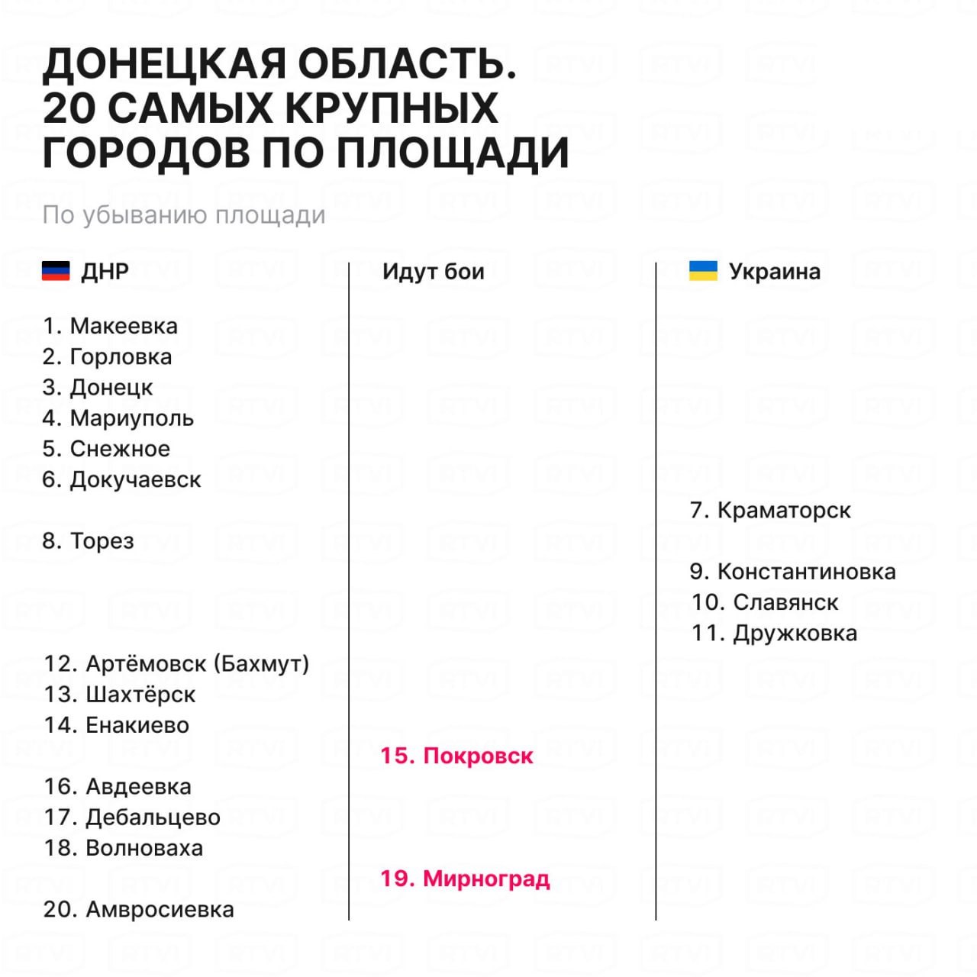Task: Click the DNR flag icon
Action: (x=56, y=271)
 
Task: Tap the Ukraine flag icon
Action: (x=703, y=271)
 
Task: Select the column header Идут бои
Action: (x=433, y=272)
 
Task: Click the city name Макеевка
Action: (x=124, y=326)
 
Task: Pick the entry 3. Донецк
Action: (x=98, y=388)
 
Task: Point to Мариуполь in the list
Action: (x=132, y=418)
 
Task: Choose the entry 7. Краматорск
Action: (x=769, y=510)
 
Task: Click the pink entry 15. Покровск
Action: (x=456, y=756)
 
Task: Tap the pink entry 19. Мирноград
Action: (x=465, y=879)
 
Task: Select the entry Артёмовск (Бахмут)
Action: (x=197, y=664)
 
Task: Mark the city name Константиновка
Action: (x=806, y=572)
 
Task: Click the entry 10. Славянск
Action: (x=765, y=602)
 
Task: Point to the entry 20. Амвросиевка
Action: (x=138, y=909)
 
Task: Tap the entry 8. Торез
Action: (x=88, y=541)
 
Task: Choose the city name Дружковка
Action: (x=795, y=634)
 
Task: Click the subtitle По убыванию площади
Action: (x=183, y=215)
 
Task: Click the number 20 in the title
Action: (x=69, y=108)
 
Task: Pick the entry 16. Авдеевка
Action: (x=117, y=786)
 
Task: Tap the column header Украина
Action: (x=774, y=272)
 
